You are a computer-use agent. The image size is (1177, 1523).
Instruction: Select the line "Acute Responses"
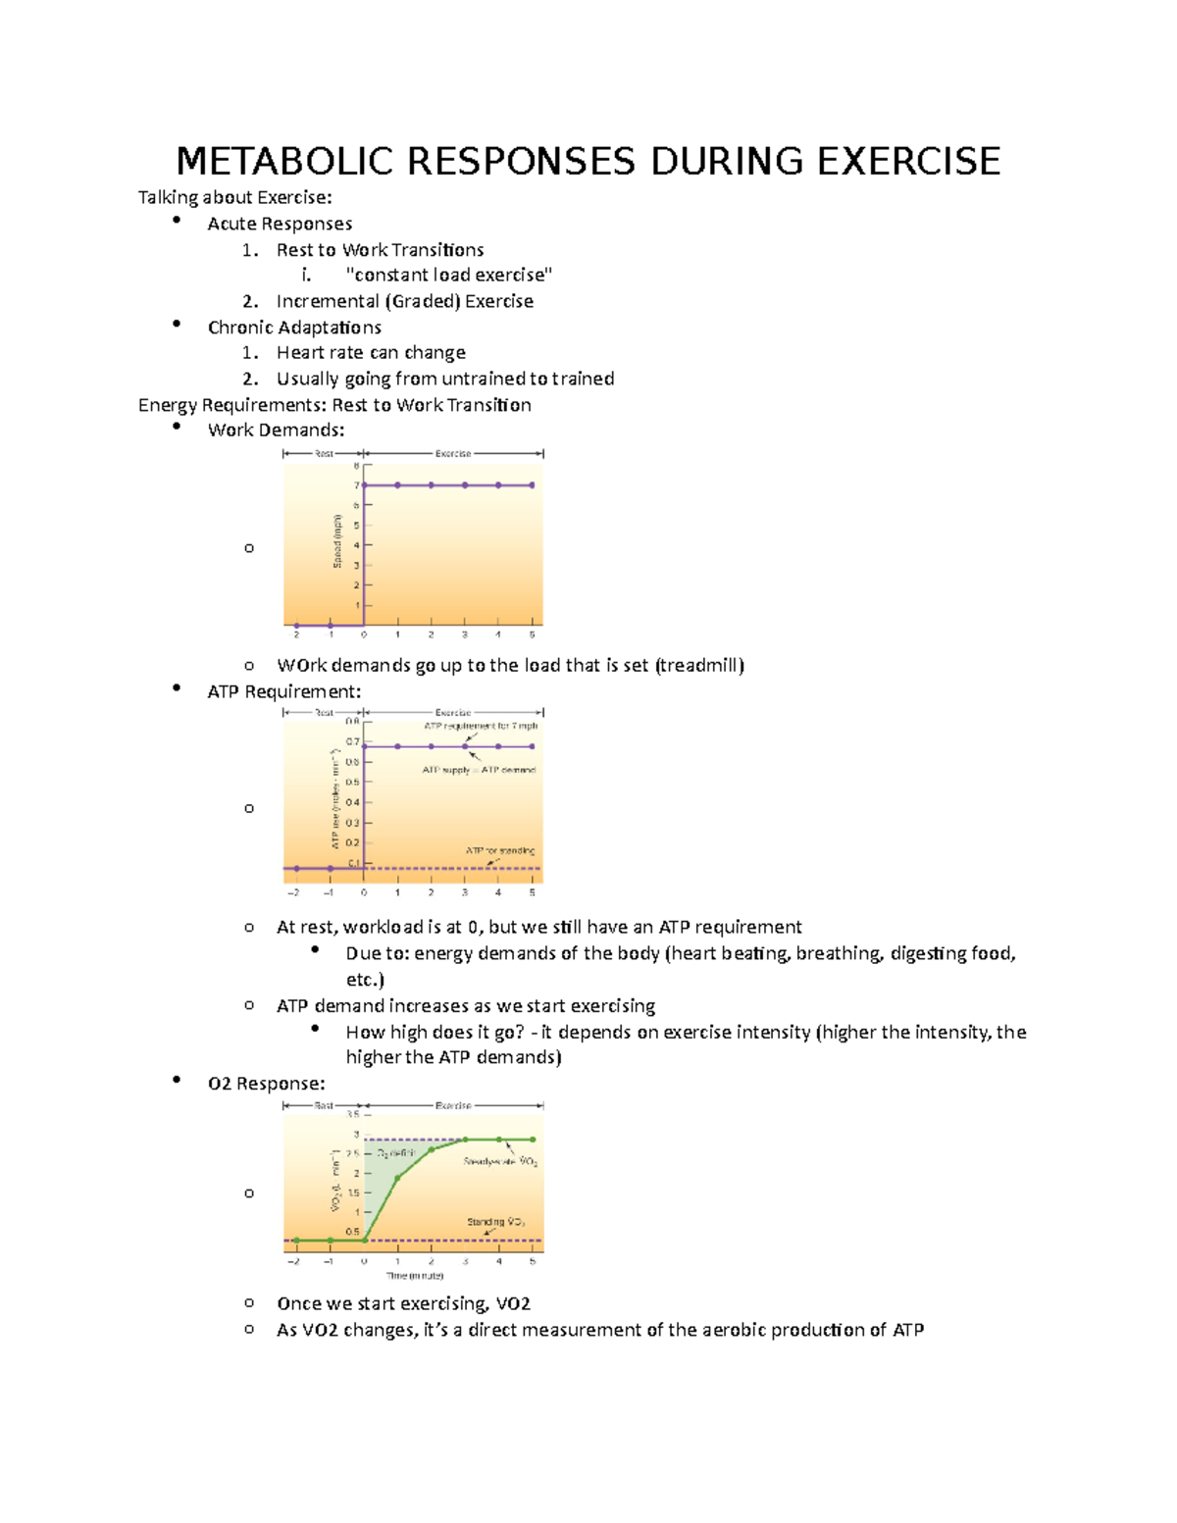click(280, 224)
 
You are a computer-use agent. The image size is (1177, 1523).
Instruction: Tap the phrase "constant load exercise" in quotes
click(449, 276)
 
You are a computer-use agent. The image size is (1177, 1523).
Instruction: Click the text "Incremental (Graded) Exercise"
click(404, 301)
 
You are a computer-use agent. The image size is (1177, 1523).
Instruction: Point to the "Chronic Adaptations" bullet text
click(294, 328)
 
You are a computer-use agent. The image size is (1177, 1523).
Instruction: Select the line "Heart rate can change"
click(371, 353)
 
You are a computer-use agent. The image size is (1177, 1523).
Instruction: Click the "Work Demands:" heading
click(276, 430)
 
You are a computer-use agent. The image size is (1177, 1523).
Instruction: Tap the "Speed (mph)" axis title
click(337, 540)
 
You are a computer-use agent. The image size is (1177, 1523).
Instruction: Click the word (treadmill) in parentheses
click(699, 666)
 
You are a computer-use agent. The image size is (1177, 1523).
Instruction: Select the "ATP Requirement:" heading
click(283, 691)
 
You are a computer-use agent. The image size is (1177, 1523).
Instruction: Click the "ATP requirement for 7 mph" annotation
click(481, 727)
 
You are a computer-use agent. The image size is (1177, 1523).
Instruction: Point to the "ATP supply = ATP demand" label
click(479, 770)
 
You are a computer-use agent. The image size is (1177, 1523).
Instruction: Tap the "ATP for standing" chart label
click(499, 850)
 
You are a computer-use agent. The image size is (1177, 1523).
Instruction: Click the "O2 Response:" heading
click(266, 1084)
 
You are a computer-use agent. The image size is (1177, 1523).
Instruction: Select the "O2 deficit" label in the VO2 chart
click(396, 1153)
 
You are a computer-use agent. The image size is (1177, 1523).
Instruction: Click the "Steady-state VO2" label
click(500, 1161)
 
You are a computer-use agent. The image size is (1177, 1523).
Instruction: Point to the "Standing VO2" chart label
click(495, 1222)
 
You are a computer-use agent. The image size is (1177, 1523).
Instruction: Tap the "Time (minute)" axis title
click(415, 1276)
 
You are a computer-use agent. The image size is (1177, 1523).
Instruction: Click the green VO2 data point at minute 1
click(397, 1178)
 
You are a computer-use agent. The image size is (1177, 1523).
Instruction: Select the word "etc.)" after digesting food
click(365, 980)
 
